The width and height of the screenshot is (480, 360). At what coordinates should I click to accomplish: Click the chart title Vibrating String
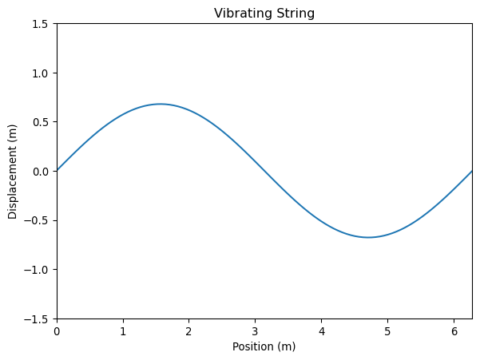[264, 13]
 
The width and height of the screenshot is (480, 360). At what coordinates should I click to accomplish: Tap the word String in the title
[295, 13]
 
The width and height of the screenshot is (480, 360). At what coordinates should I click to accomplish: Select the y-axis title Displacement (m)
[13, 171]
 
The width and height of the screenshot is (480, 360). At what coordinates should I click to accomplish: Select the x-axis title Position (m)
[264, 346]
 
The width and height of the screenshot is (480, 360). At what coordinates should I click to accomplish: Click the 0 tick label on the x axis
[57, 330]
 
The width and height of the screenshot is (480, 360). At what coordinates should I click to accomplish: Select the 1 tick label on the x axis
[123, 330]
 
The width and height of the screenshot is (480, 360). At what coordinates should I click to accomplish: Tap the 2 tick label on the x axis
[189, 330]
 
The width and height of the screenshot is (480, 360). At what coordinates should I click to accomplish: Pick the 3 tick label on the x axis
[256, 330]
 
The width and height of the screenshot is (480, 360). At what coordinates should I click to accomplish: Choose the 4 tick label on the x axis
[322, 330]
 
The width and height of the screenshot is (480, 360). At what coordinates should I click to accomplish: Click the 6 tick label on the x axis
[454, 330]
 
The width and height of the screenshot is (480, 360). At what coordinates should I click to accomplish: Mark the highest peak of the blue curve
[161, 104]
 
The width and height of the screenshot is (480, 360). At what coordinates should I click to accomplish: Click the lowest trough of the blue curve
[368, 237]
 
